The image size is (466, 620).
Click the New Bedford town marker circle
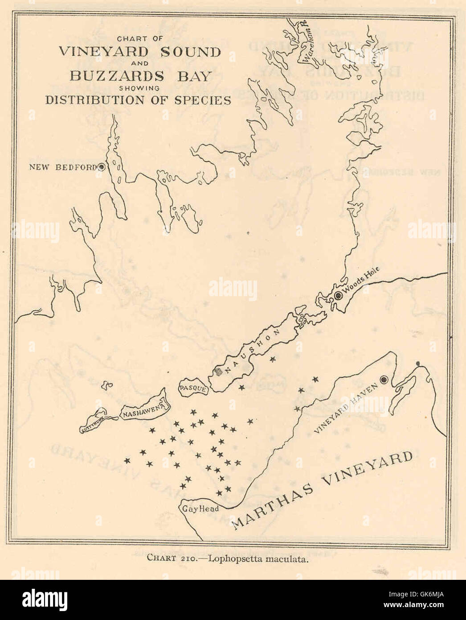click(x=102, y=167)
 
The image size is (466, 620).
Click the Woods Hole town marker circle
click(x=338, y=295)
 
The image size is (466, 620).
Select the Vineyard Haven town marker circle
click(x=384, y=380)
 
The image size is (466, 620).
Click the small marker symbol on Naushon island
click(x=218, y=371)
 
